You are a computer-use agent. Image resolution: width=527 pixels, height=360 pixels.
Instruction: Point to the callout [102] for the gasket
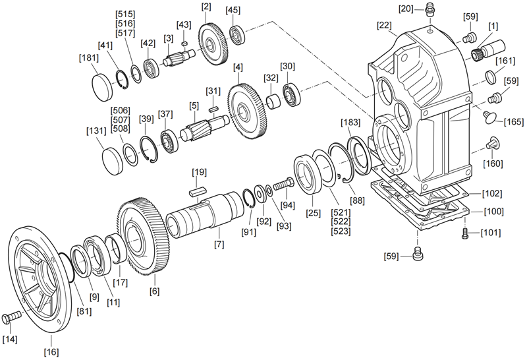(x=492, y=194)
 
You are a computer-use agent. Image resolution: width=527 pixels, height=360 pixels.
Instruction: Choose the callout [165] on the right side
(x=513, y=121)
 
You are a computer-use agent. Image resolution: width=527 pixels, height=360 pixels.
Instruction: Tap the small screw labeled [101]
(x=466, y=233)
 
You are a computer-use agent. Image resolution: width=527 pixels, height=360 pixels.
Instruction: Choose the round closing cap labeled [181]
(x=103, y=86)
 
